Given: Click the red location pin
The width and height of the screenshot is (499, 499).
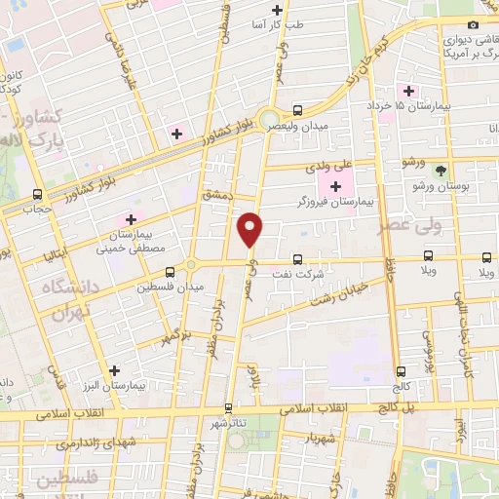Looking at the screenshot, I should (251, 228).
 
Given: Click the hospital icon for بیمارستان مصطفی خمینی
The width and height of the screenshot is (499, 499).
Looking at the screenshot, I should (129, 221).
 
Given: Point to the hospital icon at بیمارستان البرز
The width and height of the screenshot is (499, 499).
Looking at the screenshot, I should (116, 370).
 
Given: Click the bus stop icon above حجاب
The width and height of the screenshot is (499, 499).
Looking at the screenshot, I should (38, 194).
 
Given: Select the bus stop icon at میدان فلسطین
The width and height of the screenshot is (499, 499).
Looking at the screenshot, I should (171, 271).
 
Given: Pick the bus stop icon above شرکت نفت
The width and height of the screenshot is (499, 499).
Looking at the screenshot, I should (298, 259).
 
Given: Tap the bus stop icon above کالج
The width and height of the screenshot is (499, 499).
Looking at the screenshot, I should (402, 372).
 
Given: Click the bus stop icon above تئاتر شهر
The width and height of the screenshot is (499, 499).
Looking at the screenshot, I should (230, 409).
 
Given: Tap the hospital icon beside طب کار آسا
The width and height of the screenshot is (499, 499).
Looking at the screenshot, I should (278, 11).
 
